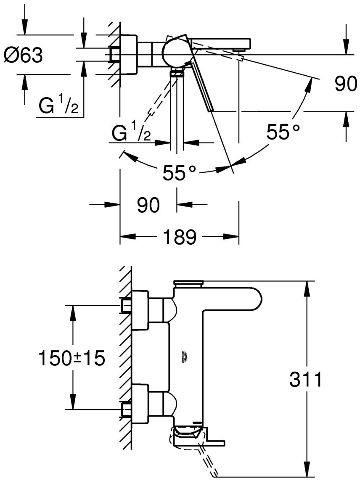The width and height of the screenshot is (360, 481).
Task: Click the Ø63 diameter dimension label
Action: coord(24,55)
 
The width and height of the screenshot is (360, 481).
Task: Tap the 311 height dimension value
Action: coord(306,380)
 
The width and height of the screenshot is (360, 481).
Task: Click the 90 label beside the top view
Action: coord(345,85)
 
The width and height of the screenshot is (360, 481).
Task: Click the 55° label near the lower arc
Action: coord(180,172)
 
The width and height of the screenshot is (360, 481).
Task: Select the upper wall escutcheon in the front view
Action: coord(140,309)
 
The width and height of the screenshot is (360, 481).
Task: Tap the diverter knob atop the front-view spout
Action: coord(188,283)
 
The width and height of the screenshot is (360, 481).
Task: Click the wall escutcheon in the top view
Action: coord(129,54)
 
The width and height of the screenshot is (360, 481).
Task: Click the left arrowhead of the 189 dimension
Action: coord(124,237)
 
